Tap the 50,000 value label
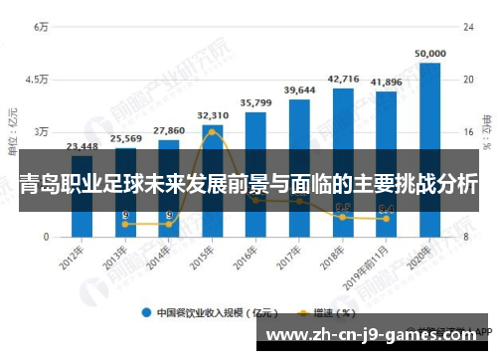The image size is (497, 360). pos(430,53)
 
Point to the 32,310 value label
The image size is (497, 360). pos(213,115)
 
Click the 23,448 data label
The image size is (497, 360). pos(83,146)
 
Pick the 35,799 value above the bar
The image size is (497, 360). pos(256,102)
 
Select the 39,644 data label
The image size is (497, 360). pos(299,90)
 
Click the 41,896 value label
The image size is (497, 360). pos(386,83)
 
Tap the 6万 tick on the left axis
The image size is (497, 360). pos(42,27)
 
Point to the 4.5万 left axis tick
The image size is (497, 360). pos(38,80)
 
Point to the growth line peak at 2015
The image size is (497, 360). pos(212,131)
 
